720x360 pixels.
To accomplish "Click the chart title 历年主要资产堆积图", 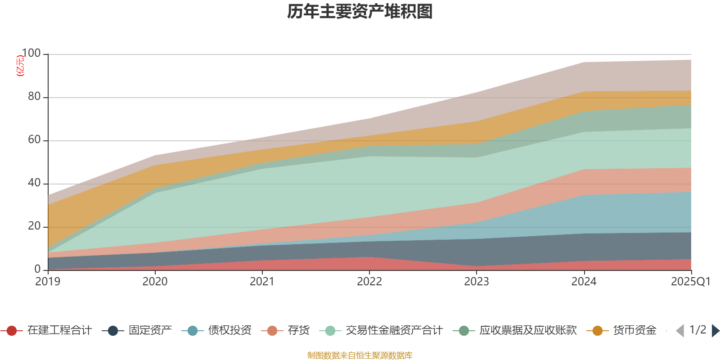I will point(360,12).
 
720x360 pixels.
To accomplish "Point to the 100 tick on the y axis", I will point(31,54).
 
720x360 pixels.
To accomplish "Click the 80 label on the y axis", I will point(34,97).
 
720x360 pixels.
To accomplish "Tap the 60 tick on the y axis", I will point(34,140).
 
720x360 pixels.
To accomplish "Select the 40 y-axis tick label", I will point(34,183).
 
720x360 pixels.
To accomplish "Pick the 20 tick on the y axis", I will point(34,226).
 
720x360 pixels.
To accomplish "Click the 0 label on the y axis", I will point(37,269).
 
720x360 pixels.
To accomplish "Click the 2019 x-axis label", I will point(48,282).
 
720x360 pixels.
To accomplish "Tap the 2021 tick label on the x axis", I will point(262,282).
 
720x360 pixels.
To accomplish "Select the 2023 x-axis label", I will point(477,282).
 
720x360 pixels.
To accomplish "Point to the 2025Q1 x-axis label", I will point(690,282).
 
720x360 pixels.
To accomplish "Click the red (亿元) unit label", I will point(20,66).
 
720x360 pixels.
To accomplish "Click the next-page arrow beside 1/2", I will point(715,331).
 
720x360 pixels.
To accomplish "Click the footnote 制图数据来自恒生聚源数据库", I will point(360,355).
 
